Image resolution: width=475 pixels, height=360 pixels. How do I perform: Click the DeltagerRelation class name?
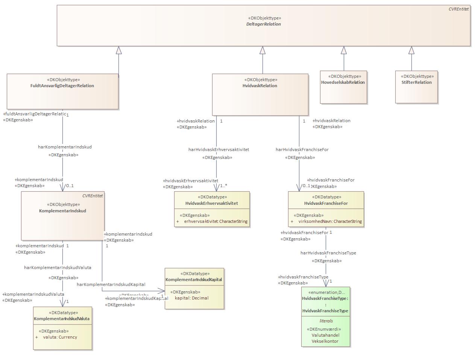coord(263,24)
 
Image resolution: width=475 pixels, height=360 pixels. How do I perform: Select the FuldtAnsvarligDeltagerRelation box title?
coord(62,86)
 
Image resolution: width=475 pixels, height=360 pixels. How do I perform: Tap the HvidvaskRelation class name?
coord(260,86)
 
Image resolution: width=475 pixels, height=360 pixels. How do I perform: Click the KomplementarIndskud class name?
coord(62,211)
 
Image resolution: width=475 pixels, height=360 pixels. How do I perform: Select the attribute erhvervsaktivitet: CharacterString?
coord(215,221)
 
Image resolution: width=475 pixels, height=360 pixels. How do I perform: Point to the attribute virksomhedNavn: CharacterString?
coord(330,221)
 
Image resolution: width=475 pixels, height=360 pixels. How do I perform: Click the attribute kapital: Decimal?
coord(191,298)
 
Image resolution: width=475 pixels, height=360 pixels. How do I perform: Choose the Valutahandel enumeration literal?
coord(325,335)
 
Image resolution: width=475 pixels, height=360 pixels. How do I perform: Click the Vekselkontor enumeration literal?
coord(325,341)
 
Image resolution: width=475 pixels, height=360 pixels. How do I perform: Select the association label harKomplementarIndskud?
coord(65,147)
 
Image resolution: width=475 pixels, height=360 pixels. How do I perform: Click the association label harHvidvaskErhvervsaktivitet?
coord(219,150)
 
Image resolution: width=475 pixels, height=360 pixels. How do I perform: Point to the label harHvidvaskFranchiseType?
coord(328,253)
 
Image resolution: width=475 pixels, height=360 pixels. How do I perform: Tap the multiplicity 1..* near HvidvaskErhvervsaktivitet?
coord(223,186)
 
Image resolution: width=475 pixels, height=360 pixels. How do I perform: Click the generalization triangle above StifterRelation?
coord(411,50)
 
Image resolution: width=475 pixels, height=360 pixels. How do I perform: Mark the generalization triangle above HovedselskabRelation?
coord(343,50)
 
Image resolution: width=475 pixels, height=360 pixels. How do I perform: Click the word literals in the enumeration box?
coord(326,321)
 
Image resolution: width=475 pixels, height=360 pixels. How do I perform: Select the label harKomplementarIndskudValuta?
coord(58,268)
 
